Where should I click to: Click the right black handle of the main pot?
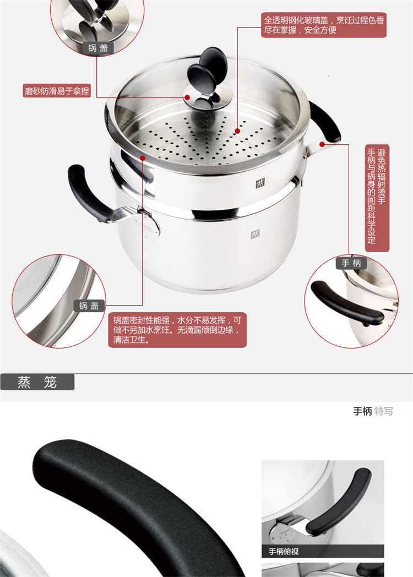click(325, 122)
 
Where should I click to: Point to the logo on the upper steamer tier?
click(260, 183)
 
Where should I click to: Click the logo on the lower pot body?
click(256, 234)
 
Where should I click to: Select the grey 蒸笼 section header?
click(37, 382)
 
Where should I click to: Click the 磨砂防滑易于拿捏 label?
click(57, 90)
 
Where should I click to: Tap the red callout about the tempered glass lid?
click(324, 25)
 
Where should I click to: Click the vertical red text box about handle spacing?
click(377, 198)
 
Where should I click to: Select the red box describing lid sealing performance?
click(177, 330)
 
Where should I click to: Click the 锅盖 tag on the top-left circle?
click(97, 48)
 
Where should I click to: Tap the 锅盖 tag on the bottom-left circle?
click(89, 306)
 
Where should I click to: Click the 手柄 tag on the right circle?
click(351, 263)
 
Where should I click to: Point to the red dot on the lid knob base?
click(187, 97)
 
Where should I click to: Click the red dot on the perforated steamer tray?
click(237, 130)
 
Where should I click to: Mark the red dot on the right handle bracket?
click(322, 144)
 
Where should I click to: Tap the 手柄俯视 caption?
click(284, 551)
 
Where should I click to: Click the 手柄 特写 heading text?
click(373, 411)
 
